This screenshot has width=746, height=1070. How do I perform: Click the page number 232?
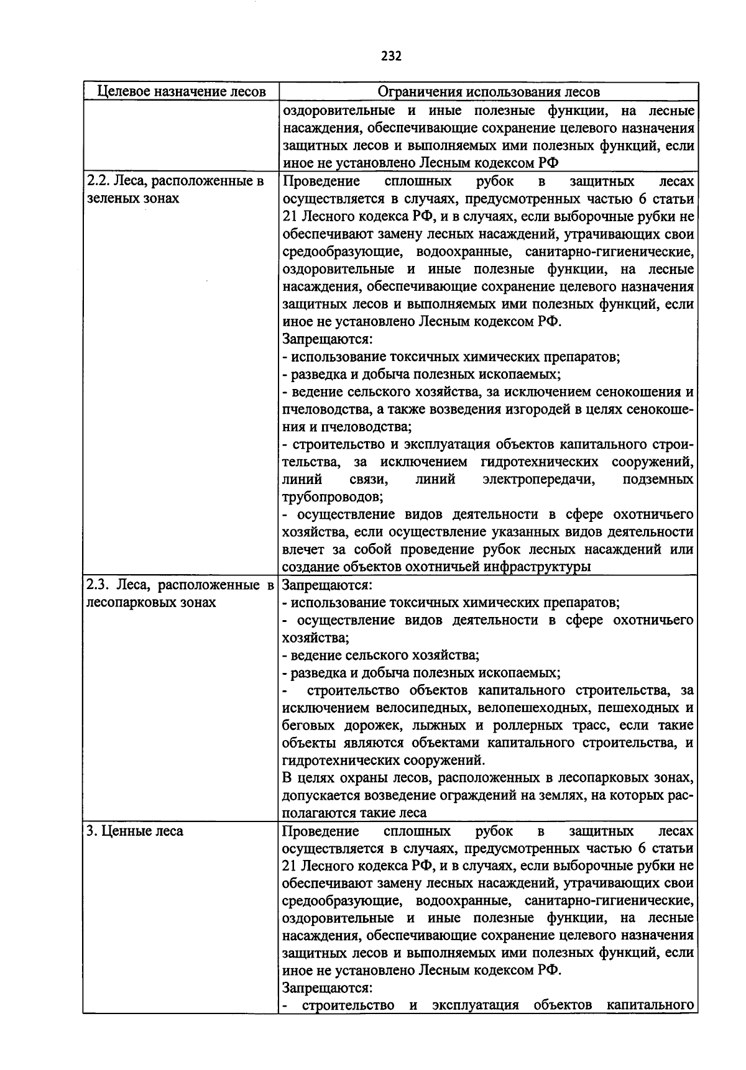tap(391, 57)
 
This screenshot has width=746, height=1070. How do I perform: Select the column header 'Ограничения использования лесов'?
tap(489, 92)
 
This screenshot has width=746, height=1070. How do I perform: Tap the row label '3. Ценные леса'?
tap(135, 831)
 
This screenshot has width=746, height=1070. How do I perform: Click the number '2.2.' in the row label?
tap(98, 181)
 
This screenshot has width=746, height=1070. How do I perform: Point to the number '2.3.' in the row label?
tap(98, 585)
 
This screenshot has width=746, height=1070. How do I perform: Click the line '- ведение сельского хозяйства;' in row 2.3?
tap(380, 655)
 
